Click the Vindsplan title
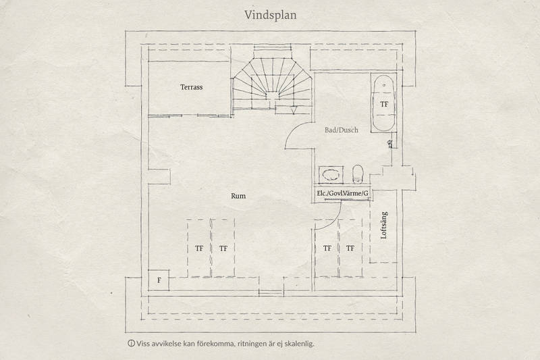click(271, 15)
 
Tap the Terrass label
click(192, 87)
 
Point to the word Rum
click(238, 196)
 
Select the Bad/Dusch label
click(342, 130)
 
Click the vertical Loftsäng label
click(383, 226)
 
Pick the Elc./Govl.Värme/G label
click(342, 194)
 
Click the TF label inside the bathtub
click(384, 104)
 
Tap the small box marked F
click(159, 280)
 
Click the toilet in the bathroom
click(358, 174)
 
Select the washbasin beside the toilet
click(331, 175)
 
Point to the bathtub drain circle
click(384, 84)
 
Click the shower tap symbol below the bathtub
click(391, 144)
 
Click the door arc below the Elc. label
click(333, 221)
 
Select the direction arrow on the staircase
click(294, 111)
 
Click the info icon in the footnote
click(131, 343)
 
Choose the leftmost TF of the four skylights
click(199, 249)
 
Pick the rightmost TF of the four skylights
click(350, 248)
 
